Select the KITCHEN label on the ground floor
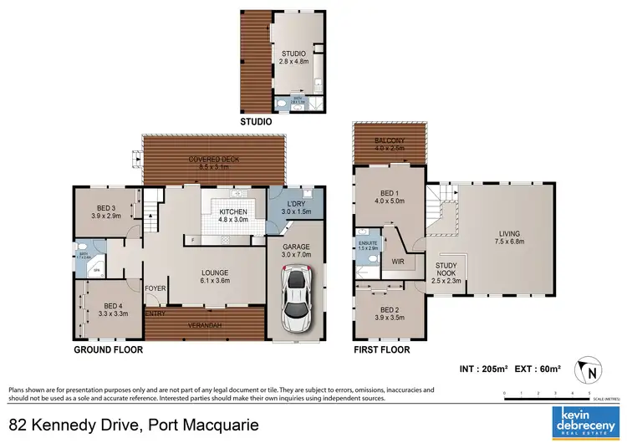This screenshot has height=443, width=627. tap(233, 212)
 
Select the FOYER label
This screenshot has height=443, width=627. tap(155, 288)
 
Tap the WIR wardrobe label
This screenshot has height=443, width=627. tap(399, 261)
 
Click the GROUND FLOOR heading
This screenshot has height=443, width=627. tap(109, 350)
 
